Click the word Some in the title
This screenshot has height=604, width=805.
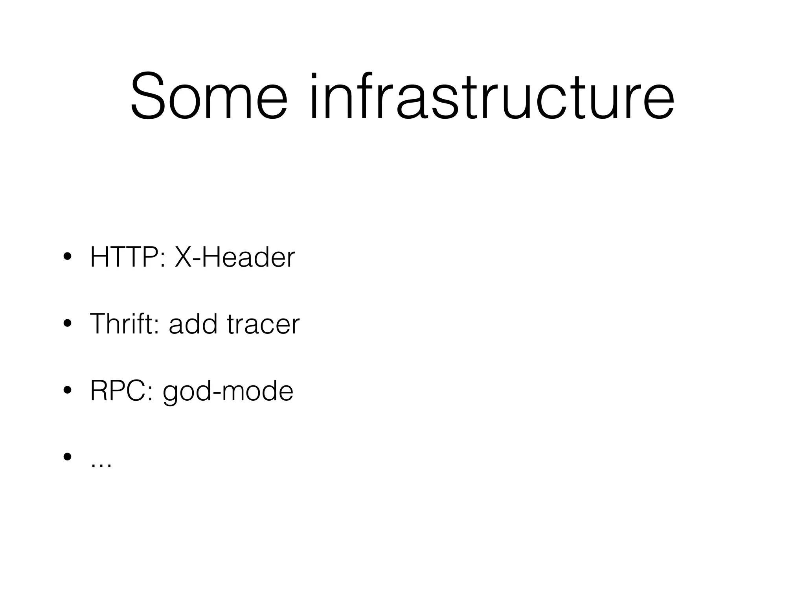tap(209, 97)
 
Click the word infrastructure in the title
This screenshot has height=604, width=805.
tap(492, 97)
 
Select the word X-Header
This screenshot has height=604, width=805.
tap(234, 258)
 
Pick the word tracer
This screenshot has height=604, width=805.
tap(263, 324)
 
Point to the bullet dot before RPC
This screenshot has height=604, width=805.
tap(67, 391)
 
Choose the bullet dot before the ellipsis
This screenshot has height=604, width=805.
tap(67, 457)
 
